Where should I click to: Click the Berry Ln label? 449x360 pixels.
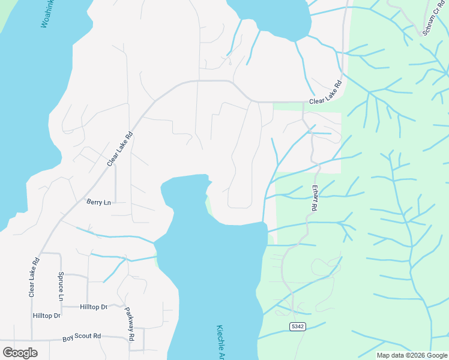pyautogui.click(x=98, y=202)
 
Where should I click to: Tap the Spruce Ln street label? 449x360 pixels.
pyautogui.click(x=61, y=286)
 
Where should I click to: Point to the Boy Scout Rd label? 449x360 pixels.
pyautogui.click(x=82, y=338)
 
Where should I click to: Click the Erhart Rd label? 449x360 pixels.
pyautogui.click(x=314, y=197)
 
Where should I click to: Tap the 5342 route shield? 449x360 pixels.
pyautogui.click(x=297, y=326)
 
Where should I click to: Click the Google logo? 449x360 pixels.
pyautogui.click(x=20, y=352)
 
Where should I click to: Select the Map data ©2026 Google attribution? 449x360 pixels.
pyautogui.click(x=412, y=355)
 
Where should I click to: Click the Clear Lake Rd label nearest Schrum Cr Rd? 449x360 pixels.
pyautogui.click(x=325, y=94)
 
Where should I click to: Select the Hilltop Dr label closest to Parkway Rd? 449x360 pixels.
pyautogui.click(x=93, y=307)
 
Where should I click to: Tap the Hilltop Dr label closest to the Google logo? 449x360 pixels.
pyautogui.click(x=46, y=315)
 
